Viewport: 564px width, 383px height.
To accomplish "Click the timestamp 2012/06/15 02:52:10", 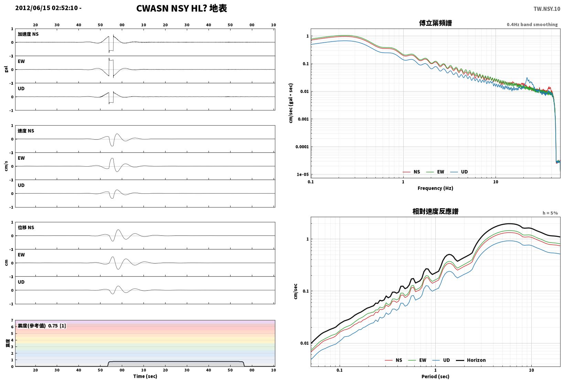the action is pos(46,8).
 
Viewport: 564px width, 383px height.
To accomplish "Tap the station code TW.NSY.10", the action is pos(547,9).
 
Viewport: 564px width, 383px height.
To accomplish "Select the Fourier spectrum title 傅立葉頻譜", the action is pos(435,23).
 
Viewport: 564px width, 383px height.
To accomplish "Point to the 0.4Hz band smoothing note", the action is pos(532,24).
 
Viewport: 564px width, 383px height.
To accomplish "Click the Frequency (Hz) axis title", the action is pos(435,188).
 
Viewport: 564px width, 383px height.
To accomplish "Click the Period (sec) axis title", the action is pos(435,376).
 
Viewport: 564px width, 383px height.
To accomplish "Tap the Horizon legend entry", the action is pos(471,360).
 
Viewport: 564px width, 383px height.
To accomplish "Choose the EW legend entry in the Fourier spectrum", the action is pos(435,172).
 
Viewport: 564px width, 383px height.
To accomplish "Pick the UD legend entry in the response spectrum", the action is pos(441,360).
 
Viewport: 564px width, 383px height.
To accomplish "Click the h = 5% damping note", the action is pos(550,213).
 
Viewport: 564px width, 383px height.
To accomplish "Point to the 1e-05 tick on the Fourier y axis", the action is pos(302,174).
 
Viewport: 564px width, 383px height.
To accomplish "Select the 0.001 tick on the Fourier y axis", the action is pos(303,119).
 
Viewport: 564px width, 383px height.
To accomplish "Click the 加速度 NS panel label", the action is pos(28,34).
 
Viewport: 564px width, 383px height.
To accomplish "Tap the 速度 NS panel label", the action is pos(26,131).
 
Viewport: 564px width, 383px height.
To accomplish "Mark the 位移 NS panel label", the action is pos(26,227).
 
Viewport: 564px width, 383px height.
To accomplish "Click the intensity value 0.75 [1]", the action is pos(57,326).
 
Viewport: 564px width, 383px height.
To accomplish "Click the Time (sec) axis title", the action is pos(145,376).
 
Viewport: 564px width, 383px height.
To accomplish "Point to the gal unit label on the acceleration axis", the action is pos(6,69).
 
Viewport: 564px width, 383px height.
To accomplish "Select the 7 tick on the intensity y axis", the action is pos(12,320).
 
